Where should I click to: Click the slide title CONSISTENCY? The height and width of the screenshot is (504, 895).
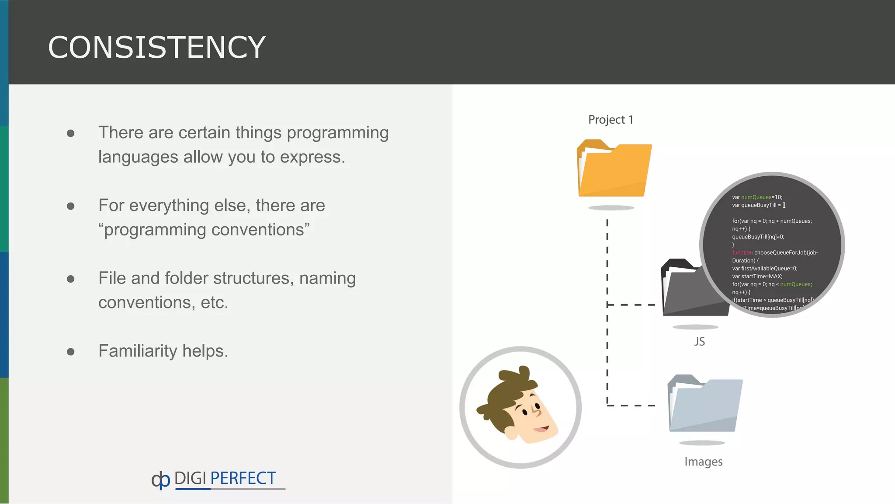click(156, 47)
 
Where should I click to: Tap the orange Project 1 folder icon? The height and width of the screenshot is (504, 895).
click(614, 171)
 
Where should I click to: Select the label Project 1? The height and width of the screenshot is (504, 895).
click(611, 120)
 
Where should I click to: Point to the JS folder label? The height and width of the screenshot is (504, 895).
click(699, 341)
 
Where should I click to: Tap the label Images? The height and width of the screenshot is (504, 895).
click(703, 462)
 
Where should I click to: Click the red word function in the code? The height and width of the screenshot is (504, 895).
click(742, 253)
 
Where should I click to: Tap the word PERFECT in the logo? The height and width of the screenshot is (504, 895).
click(243, 478)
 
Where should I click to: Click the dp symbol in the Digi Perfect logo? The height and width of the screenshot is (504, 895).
click(160, 480)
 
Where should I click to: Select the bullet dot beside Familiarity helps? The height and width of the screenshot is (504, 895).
click(71, 351)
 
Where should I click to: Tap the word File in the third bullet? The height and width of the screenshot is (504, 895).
click(112, 278)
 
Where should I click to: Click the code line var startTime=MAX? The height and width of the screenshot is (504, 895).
click(757, 276)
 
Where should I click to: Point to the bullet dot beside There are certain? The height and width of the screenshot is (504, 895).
click(71, 133)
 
